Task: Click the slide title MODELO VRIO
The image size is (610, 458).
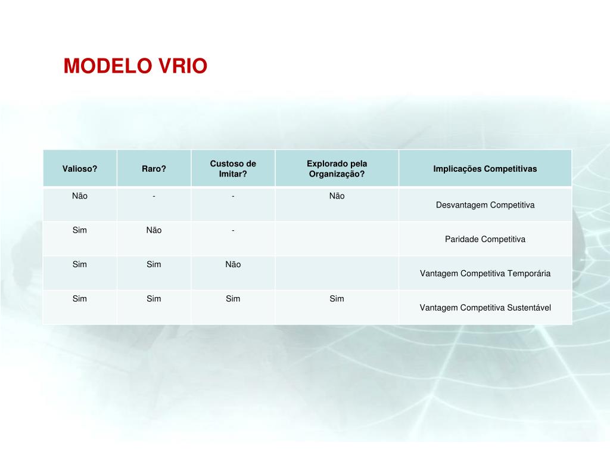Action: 135,66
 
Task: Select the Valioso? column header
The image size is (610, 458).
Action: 80,169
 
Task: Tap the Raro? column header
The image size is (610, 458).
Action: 154,169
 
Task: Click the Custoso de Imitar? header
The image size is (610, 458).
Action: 233,169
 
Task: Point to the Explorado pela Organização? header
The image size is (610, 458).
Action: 337,169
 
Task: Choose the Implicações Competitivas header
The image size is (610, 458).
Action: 485,169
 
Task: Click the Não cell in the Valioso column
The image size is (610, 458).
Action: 80,196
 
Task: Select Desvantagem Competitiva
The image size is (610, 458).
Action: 485,205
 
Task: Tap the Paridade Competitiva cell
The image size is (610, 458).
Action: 485,239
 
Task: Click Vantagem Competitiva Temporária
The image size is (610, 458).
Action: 485,274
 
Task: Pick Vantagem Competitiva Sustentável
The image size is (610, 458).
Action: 485,308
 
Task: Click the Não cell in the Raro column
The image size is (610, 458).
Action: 154,230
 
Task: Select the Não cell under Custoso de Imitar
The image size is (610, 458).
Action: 233,264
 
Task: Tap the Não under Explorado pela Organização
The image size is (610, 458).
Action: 337,196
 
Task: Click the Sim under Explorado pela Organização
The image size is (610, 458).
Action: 337,299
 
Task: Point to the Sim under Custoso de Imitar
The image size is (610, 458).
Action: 233,299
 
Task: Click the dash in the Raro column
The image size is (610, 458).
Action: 154,196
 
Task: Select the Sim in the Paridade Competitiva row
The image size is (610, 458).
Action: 80,230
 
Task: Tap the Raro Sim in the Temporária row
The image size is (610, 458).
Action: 154,264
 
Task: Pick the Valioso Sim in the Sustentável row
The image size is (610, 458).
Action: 80,299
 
